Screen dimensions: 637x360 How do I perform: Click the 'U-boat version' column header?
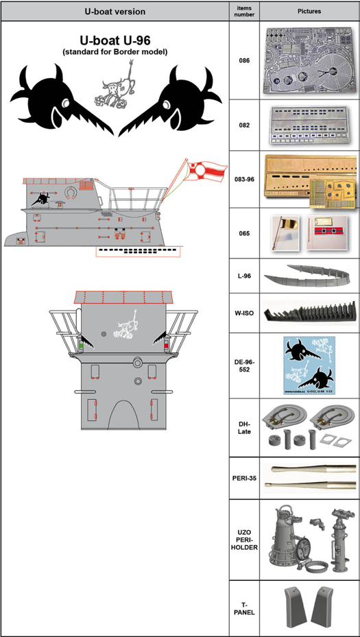(115, 11)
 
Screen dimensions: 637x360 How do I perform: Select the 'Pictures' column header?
(309, 11)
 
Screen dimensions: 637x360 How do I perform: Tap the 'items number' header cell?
(244, 11)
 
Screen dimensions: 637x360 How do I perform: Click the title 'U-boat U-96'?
(115, 41)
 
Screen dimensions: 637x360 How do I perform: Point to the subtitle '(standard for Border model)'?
(115, 52)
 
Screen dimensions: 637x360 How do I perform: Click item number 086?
(244, 60)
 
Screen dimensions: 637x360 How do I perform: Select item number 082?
(244, 125)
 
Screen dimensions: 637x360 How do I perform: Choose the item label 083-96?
(244, 179)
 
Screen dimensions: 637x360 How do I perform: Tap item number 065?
(244, 233)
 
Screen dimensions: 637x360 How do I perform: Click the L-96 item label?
(244, 276)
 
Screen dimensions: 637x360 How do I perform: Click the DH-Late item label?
(244, 429)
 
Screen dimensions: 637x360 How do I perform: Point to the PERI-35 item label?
(244, 477)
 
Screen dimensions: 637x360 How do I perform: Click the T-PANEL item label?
(244, 607)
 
